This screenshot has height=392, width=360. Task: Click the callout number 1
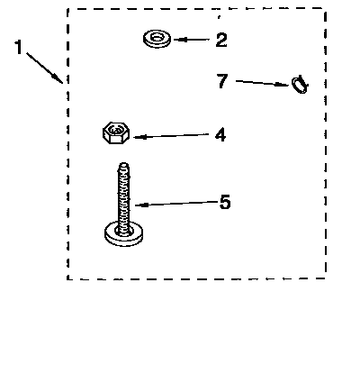click(x=19, y=47)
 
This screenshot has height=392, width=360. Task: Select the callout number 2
click(x=221, y=40)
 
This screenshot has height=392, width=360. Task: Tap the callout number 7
click(x=222, y=81)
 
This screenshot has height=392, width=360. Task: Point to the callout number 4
click(x=220, y=134)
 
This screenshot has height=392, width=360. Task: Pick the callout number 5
click(x=225, y=202)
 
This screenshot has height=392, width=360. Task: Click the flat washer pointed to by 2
click(x=157, y=39)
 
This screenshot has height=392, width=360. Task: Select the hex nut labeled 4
click(x=116, y=132)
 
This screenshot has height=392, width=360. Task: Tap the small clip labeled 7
click(x=300, y=85)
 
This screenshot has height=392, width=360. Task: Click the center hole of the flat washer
click(x=157, y=37)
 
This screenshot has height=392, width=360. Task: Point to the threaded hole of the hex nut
click(x=115, y=130)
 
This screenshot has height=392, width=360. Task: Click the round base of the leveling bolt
click(x=123, y=234)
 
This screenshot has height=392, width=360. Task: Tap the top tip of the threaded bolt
click(x=123, y=164)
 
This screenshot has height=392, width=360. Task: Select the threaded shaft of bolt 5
click(x=123, y=198)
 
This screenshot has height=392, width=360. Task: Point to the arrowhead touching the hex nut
click(x=139, y=137)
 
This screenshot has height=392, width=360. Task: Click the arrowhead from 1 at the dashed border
click(x=58, y=78)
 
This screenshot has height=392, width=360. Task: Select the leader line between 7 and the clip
click(x=263, y=83)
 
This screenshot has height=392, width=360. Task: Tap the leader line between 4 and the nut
click(x=171, y=136)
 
